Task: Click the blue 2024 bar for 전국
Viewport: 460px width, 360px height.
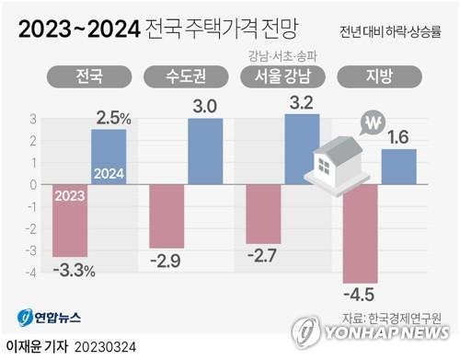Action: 109,157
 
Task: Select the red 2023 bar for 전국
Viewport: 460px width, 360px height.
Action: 72,220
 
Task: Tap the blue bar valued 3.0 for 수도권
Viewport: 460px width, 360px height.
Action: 204,151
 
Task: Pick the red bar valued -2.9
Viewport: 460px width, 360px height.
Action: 167,215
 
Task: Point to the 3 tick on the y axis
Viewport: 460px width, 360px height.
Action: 32,118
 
